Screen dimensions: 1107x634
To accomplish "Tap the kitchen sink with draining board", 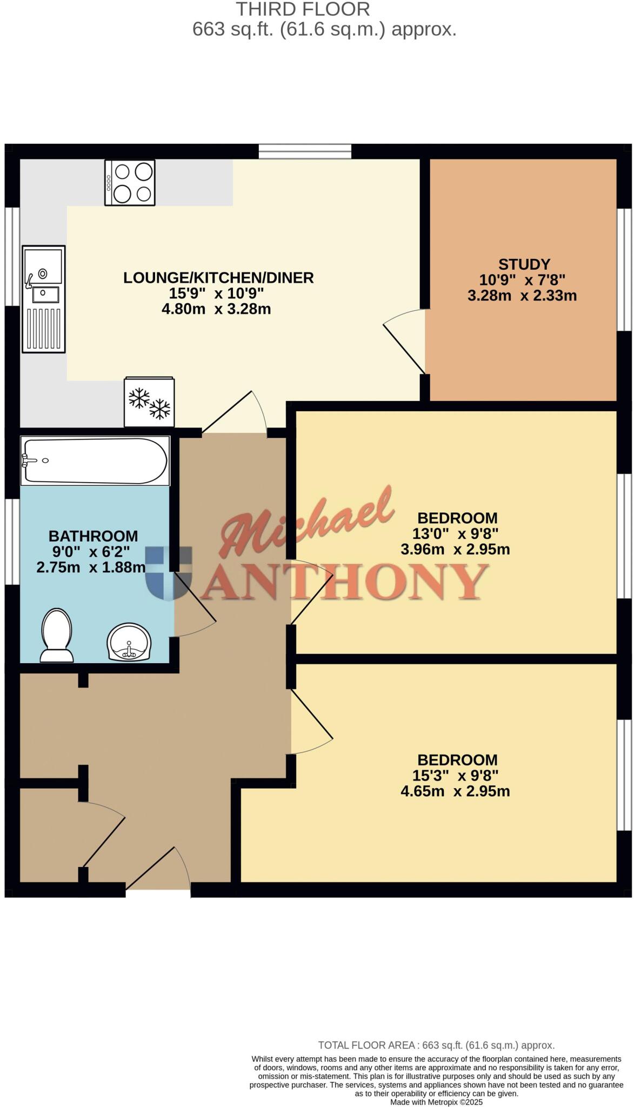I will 44,298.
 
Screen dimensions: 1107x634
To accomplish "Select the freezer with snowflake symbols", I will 149,402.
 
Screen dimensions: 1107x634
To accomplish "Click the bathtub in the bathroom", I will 95,461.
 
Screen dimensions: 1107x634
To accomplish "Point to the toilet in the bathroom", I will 57,635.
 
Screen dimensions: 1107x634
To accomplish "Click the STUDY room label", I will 524,264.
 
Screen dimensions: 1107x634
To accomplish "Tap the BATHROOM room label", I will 93,536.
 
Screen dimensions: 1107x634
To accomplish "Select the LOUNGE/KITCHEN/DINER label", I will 218,278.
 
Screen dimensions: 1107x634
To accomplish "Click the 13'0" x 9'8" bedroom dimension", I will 455,534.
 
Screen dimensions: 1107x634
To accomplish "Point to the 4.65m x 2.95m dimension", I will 455,791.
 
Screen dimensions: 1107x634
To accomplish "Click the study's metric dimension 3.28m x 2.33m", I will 522,296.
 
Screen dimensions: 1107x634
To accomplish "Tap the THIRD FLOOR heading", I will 303,9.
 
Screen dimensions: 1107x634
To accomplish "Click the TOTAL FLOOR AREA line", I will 436,1045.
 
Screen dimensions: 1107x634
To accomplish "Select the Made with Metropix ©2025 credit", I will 436,1102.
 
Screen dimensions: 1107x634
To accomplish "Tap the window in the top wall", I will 305,151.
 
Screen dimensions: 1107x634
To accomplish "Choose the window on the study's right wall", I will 624,269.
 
